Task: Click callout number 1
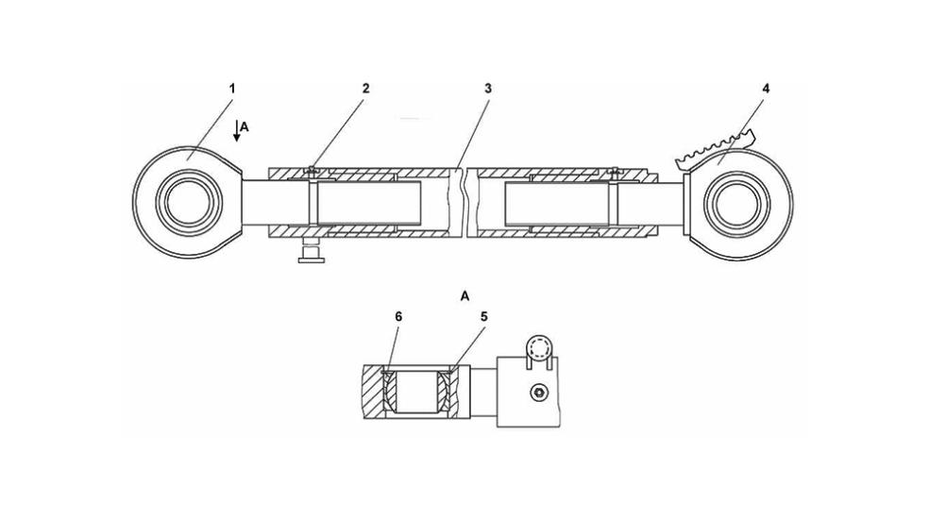click(x=232, y=89)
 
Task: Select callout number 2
click(x=365, y=89)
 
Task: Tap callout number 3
click(x=487, y=89)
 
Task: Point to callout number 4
click(x=766, y=89)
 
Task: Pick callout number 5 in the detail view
click(x=483, y=317)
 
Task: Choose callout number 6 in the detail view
click(x=398, y=317)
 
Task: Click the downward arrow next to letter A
click(x=236, y=130)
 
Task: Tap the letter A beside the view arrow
click(x=245, y=126)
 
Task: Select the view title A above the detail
click(x=464, y=295)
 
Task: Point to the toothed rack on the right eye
click(x=718, y=147)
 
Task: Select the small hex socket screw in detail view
click(x=538, y=393)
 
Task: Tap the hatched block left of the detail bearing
click(x=374, y=393)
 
